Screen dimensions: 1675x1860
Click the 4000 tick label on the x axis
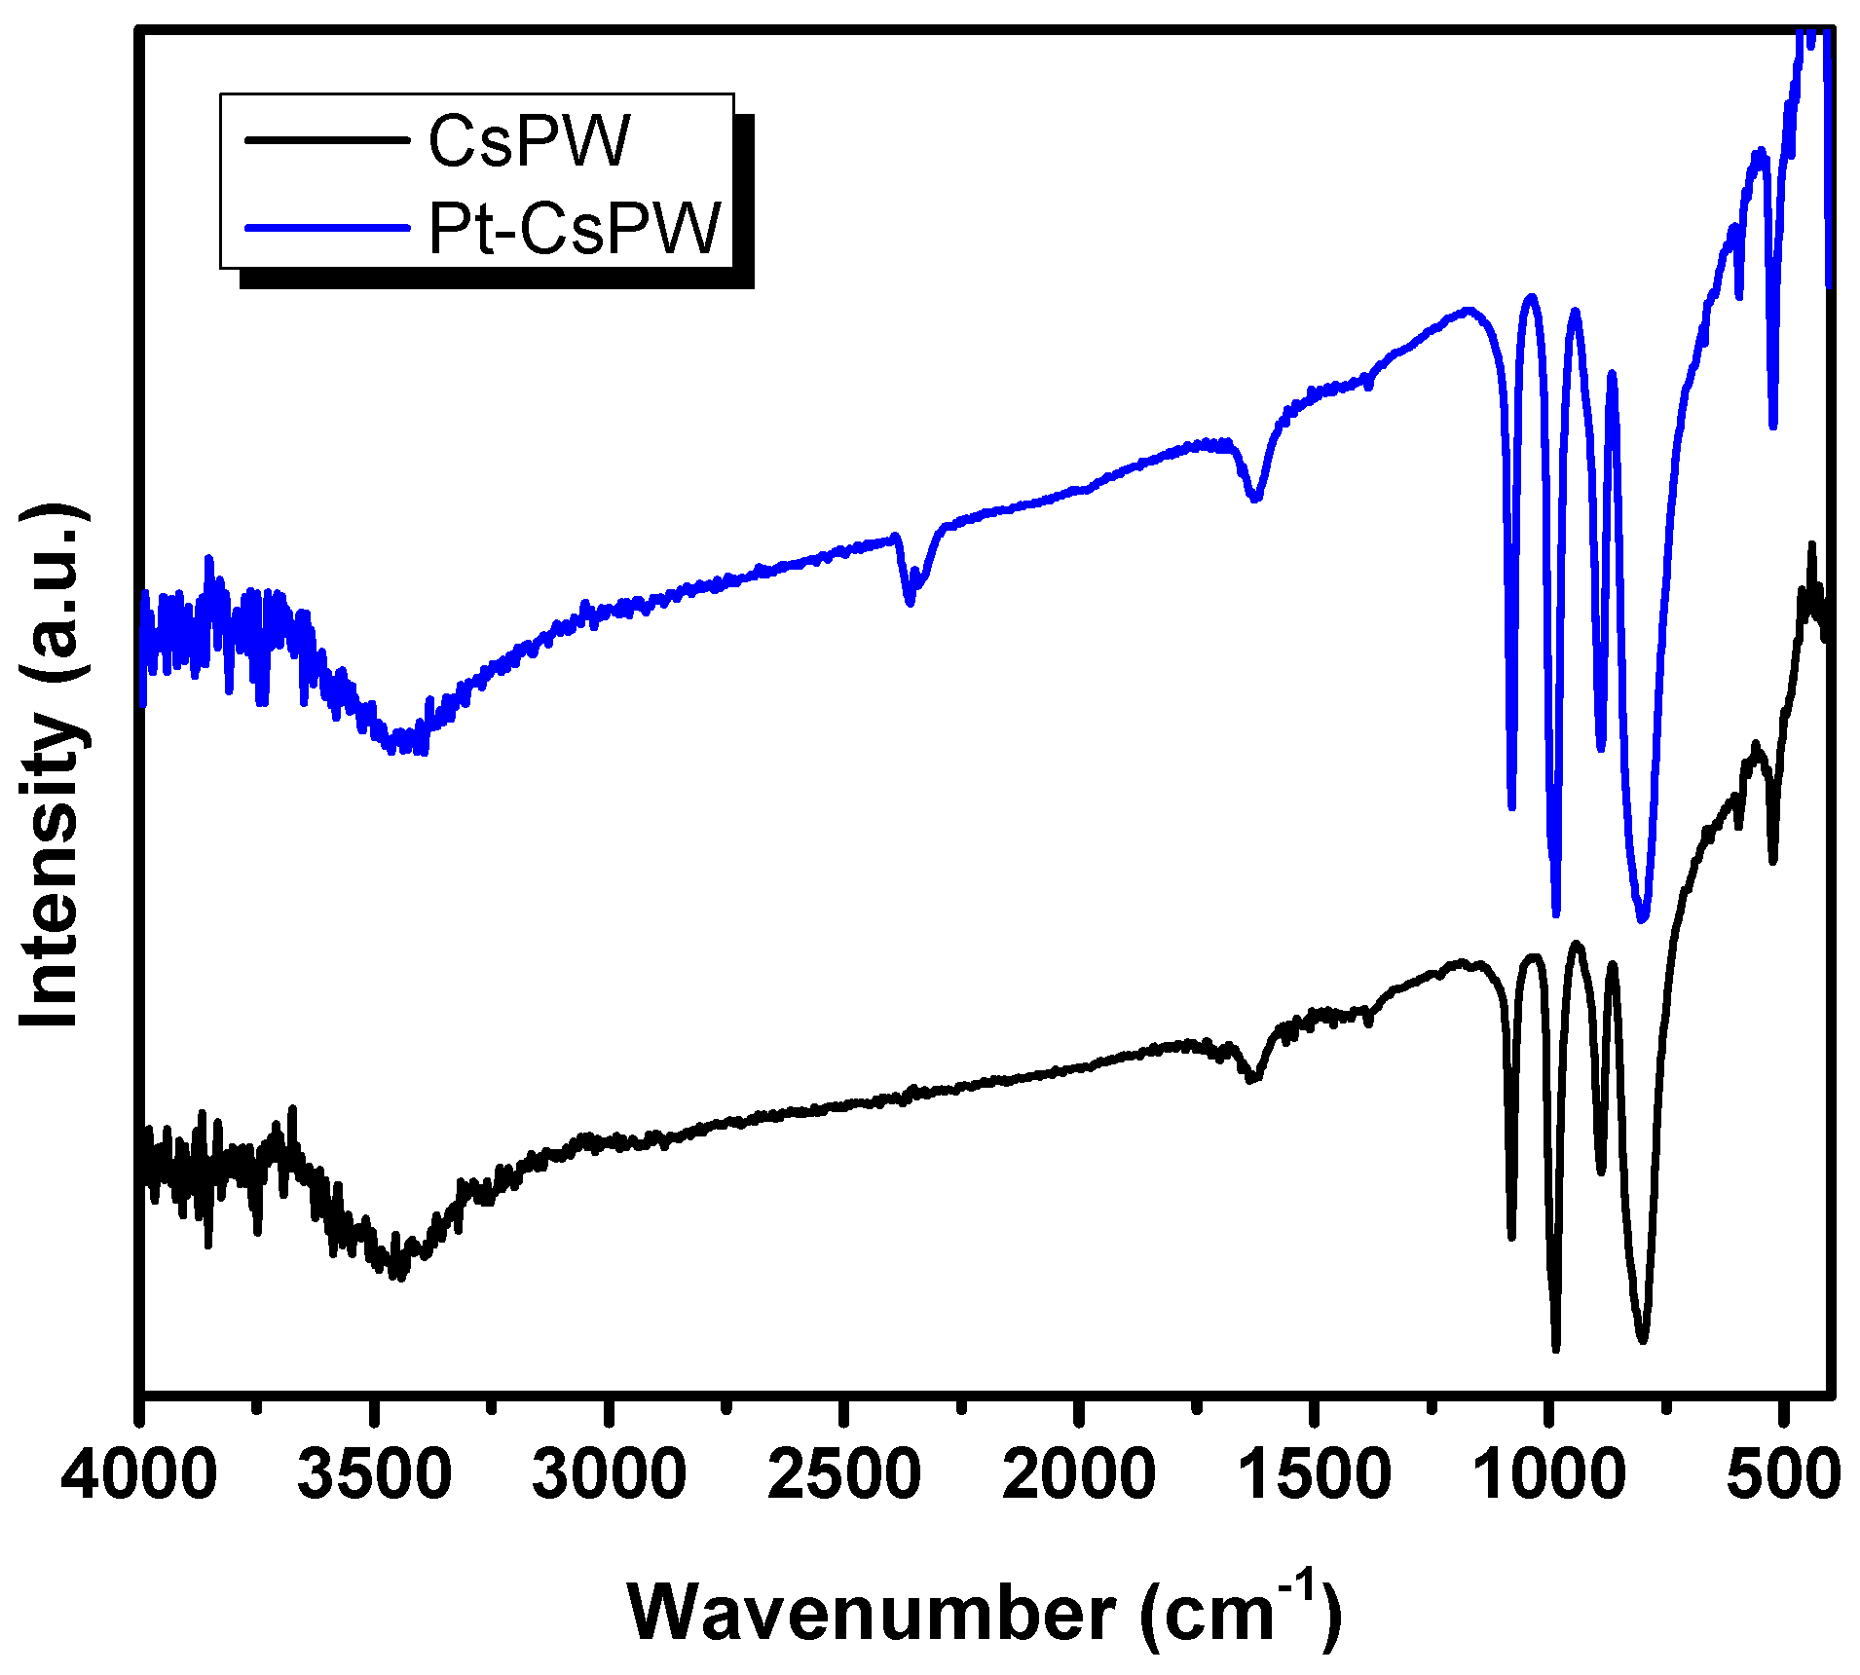tap(138, 1474)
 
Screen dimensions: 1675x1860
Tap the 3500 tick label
tap(374, 1474)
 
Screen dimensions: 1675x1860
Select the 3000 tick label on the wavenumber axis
tap(610, 1474)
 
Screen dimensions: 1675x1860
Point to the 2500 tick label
tap(844, 1474)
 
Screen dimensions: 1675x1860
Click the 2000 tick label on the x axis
tap(1079, 1474)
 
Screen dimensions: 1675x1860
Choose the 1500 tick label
tap(1315, 1474)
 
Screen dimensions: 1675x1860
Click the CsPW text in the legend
tap(530, 142)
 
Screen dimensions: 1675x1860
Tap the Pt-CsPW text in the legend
tap(575, 230)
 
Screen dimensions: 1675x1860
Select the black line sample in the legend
tap(326, 140)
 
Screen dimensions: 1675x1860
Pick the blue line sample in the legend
tap(326, 228)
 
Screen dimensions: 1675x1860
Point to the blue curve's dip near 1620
tap(1255, 498)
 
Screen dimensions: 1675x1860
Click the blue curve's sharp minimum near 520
tap(1773, 425)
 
